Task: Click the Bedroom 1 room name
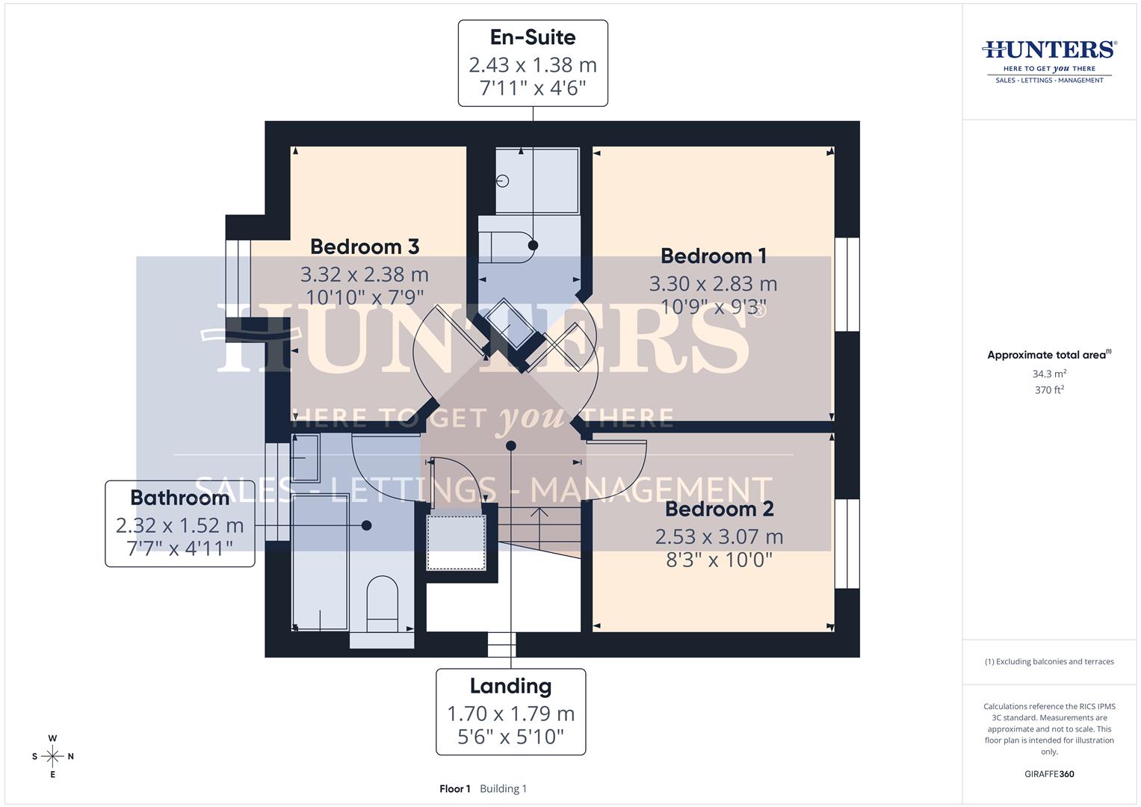click(714, 256)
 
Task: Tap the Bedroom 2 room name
click(719, 509)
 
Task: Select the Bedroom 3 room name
click(365, 247)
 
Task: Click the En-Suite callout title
click(533, 37)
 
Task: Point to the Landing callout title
click(510, 686)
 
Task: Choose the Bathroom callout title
click(179, 498)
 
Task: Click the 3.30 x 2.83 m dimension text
click(713, 284)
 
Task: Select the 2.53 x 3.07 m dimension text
click(719, 537)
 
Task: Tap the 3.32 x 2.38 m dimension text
click(365, 274)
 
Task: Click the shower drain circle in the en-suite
click(503, 181)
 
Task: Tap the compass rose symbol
click(52, 756)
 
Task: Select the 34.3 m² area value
click(1049, 374)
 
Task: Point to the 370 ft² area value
click(1049, 390)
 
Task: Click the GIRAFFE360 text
click(1049, 774)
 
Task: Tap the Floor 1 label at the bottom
click(455, 789)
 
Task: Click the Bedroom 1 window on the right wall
click(847, 284)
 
